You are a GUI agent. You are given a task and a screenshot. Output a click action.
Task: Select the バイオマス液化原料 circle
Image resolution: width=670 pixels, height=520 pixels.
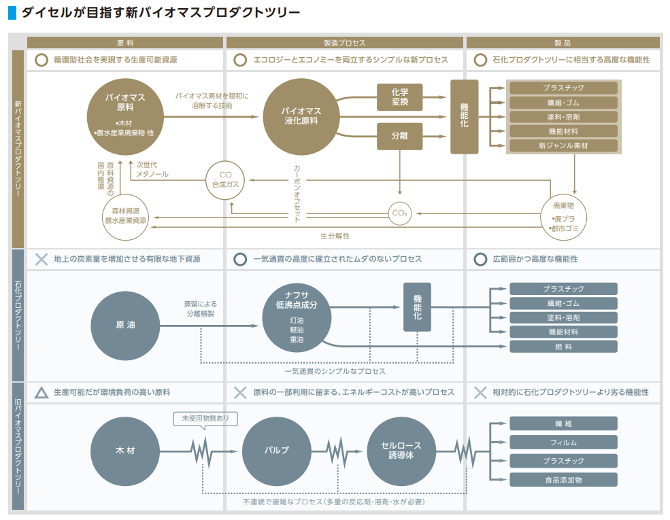pyautogui.click(x=301, y=117)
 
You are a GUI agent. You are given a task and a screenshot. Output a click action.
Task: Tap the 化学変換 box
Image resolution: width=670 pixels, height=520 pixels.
pyautogui.click(x=400, y=97)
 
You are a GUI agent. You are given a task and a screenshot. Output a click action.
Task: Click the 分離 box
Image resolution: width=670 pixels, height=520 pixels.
pyautogui.click(x=400, y=136)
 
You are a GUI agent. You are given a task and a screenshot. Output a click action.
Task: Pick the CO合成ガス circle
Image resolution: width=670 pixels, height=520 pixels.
pyautogui.click(x=225, y=179)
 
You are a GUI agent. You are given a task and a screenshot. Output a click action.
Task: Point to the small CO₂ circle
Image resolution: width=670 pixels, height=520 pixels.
pyautogui.click(x=400, y=213)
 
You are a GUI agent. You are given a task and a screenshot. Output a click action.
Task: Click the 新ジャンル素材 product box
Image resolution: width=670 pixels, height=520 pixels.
pyautogui.click(x=563, y=145)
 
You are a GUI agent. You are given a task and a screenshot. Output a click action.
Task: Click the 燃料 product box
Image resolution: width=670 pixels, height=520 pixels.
pyautogui.click(x=563, y=347)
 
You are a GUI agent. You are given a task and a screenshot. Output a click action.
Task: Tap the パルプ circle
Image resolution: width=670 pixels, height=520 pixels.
pyautogui.click(x=277, y=451)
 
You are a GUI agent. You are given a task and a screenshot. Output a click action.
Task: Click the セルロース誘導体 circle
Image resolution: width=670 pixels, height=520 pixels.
pyautogui.click(x=401, y=451)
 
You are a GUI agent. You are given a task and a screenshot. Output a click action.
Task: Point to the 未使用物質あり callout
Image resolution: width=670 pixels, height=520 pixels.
pyautogui.click(x=205, y=419)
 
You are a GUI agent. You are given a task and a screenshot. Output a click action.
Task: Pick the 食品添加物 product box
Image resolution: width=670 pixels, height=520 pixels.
pyautogui.click(x=563, y=480)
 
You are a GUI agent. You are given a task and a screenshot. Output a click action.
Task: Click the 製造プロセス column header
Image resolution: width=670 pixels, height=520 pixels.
pyautogui.click(x=345, y=42)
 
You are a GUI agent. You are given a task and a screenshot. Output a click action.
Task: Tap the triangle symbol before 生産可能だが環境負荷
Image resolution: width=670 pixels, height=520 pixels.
pyautogui.click(x=41, y=393)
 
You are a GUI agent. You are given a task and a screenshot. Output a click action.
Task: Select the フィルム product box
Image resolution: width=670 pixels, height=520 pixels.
pyautogui.click(x=563, y=443)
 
